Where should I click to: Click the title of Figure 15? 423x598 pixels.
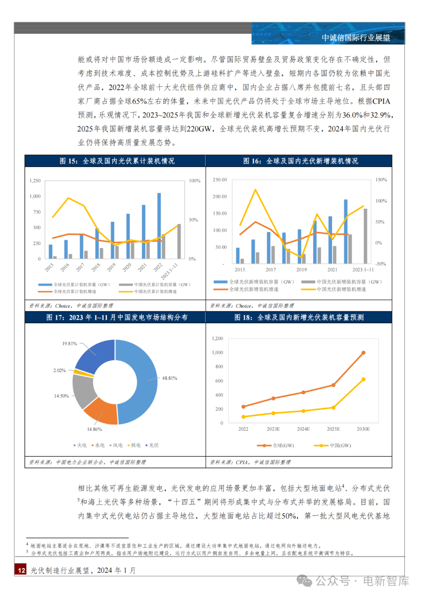coord(117,161)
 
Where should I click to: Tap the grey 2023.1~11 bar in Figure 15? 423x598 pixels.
coord(179,241)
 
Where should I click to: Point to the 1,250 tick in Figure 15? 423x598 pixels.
coord(35,181)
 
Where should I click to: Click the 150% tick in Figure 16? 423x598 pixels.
coord(381,180)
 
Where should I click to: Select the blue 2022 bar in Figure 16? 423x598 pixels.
coord(346,231)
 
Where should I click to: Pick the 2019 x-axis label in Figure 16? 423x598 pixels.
coord(301,270)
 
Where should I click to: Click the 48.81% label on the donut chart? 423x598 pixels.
coord(169,378)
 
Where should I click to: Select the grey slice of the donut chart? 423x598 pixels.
coord(83,391)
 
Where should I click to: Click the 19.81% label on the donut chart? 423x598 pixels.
coord(70,344)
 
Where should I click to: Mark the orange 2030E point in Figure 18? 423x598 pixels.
coord(363,353)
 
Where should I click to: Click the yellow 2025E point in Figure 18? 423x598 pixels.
coord(333,407)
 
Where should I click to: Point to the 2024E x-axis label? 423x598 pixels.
coord(303,429)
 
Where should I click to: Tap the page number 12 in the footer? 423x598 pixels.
coord(22,570)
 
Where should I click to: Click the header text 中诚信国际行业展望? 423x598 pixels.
coord(356,38)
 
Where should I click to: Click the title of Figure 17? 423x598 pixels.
coord(117,317)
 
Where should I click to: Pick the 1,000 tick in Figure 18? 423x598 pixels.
coord(217,353)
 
